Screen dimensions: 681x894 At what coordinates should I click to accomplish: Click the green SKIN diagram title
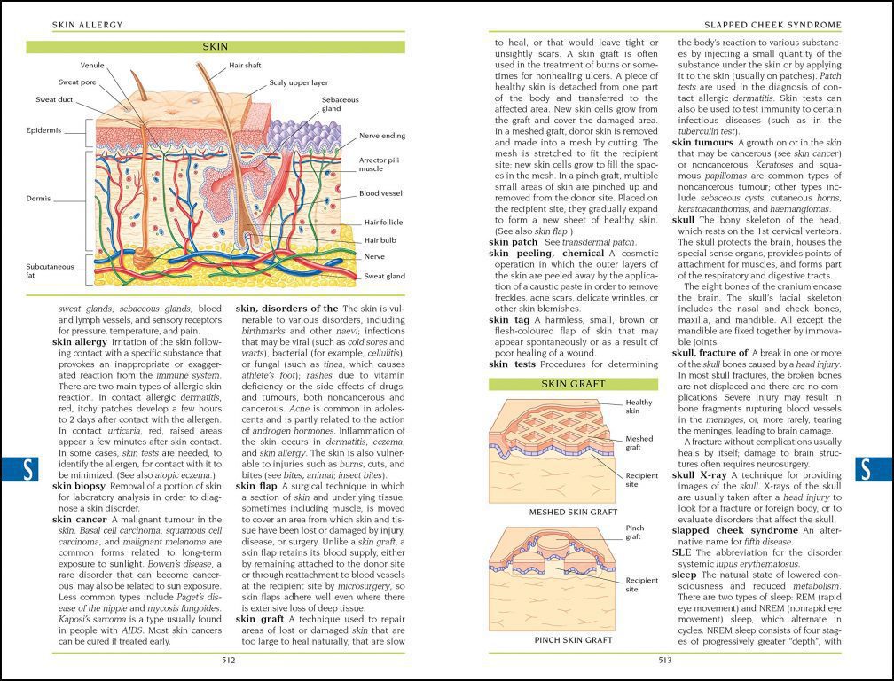tap(216, 47)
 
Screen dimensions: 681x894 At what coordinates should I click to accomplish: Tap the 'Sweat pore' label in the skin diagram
tap(77, 82)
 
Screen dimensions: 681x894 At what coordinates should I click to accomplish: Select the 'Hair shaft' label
tap(246, 66)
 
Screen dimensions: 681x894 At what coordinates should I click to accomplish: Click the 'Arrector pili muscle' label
tap(371, 165)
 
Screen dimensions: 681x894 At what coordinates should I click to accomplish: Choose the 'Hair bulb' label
tap(380, 239)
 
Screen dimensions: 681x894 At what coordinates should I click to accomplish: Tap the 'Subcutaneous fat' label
tap(49, 270)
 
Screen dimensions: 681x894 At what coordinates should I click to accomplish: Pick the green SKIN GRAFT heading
tap(573, 384)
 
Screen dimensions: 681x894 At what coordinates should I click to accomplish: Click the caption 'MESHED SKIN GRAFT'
tap(573, 512)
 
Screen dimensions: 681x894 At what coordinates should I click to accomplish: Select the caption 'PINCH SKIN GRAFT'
tap(573, 639)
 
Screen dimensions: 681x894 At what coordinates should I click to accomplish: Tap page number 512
tap(228, 659)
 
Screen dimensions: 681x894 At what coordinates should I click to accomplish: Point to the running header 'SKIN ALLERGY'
tap(87, 24)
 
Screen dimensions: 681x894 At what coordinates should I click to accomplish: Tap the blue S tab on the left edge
tap(27, 470)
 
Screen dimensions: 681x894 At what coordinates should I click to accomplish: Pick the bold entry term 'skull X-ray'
tap(700, 475)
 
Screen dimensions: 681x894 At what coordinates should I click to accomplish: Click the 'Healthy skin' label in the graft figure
tap(638, 406)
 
